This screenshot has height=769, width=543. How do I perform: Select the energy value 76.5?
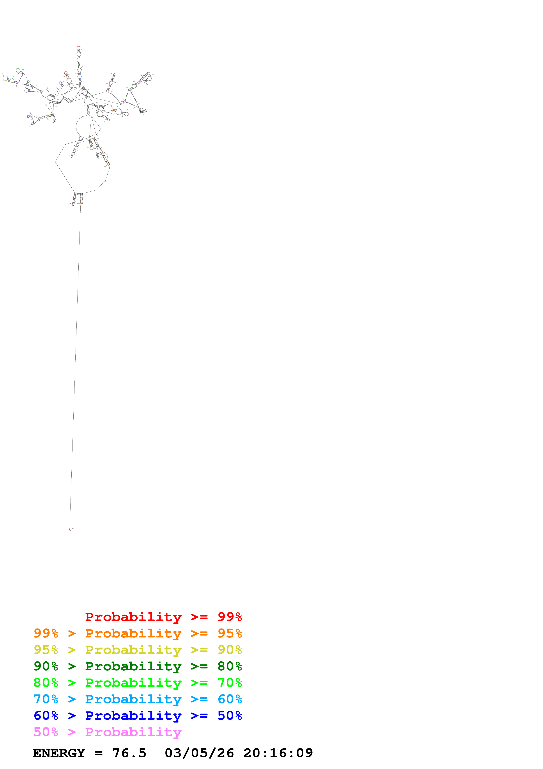click(129, 753)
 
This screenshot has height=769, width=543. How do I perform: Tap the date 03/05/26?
click(199, 753)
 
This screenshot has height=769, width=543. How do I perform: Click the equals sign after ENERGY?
click(98, 753)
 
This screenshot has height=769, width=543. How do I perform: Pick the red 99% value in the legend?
click(230, 617)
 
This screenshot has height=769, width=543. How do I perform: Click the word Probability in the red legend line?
click(133, 617)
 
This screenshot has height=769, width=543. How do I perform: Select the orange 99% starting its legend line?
click(46, 633)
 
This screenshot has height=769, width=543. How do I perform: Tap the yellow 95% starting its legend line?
click(46, 650)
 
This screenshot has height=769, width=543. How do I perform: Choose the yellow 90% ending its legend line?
click(230, 650)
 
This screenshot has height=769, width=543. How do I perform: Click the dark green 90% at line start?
click(46, 666)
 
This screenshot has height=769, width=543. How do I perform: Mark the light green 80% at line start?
click(46, 683)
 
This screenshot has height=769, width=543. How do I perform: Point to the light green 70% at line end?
click(230, 683)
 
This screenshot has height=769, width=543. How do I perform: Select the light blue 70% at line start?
click(46, 699)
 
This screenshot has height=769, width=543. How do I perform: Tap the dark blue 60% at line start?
click(46, 716)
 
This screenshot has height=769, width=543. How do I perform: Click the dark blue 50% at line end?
click(230, 716)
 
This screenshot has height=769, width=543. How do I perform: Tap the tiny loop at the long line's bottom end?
click(70, 529)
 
